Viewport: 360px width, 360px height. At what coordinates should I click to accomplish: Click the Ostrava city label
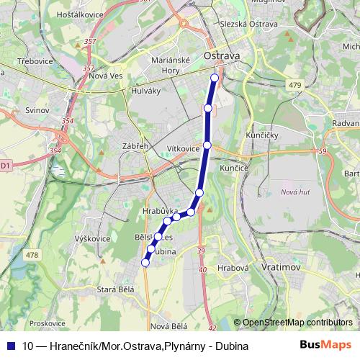tap(222, 55)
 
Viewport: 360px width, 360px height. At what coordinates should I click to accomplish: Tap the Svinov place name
tap(37, 111)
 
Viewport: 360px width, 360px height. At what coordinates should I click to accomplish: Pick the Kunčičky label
tap(262, 135)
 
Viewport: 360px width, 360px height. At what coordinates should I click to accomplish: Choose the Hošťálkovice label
tap(73, 14)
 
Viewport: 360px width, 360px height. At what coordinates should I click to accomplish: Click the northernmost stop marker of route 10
tap(214, 78)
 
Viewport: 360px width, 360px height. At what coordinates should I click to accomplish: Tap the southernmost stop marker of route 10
tap(145, 263)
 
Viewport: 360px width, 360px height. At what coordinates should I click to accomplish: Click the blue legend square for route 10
tap(12, 346)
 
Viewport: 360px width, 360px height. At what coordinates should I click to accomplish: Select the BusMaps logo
tap(325, 346)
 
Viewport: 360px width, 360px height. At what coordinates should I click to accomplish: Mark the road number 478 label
tap(32, 254)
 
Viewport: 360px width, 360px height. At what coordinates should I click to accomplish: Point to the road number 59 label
tap(322, 150)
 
